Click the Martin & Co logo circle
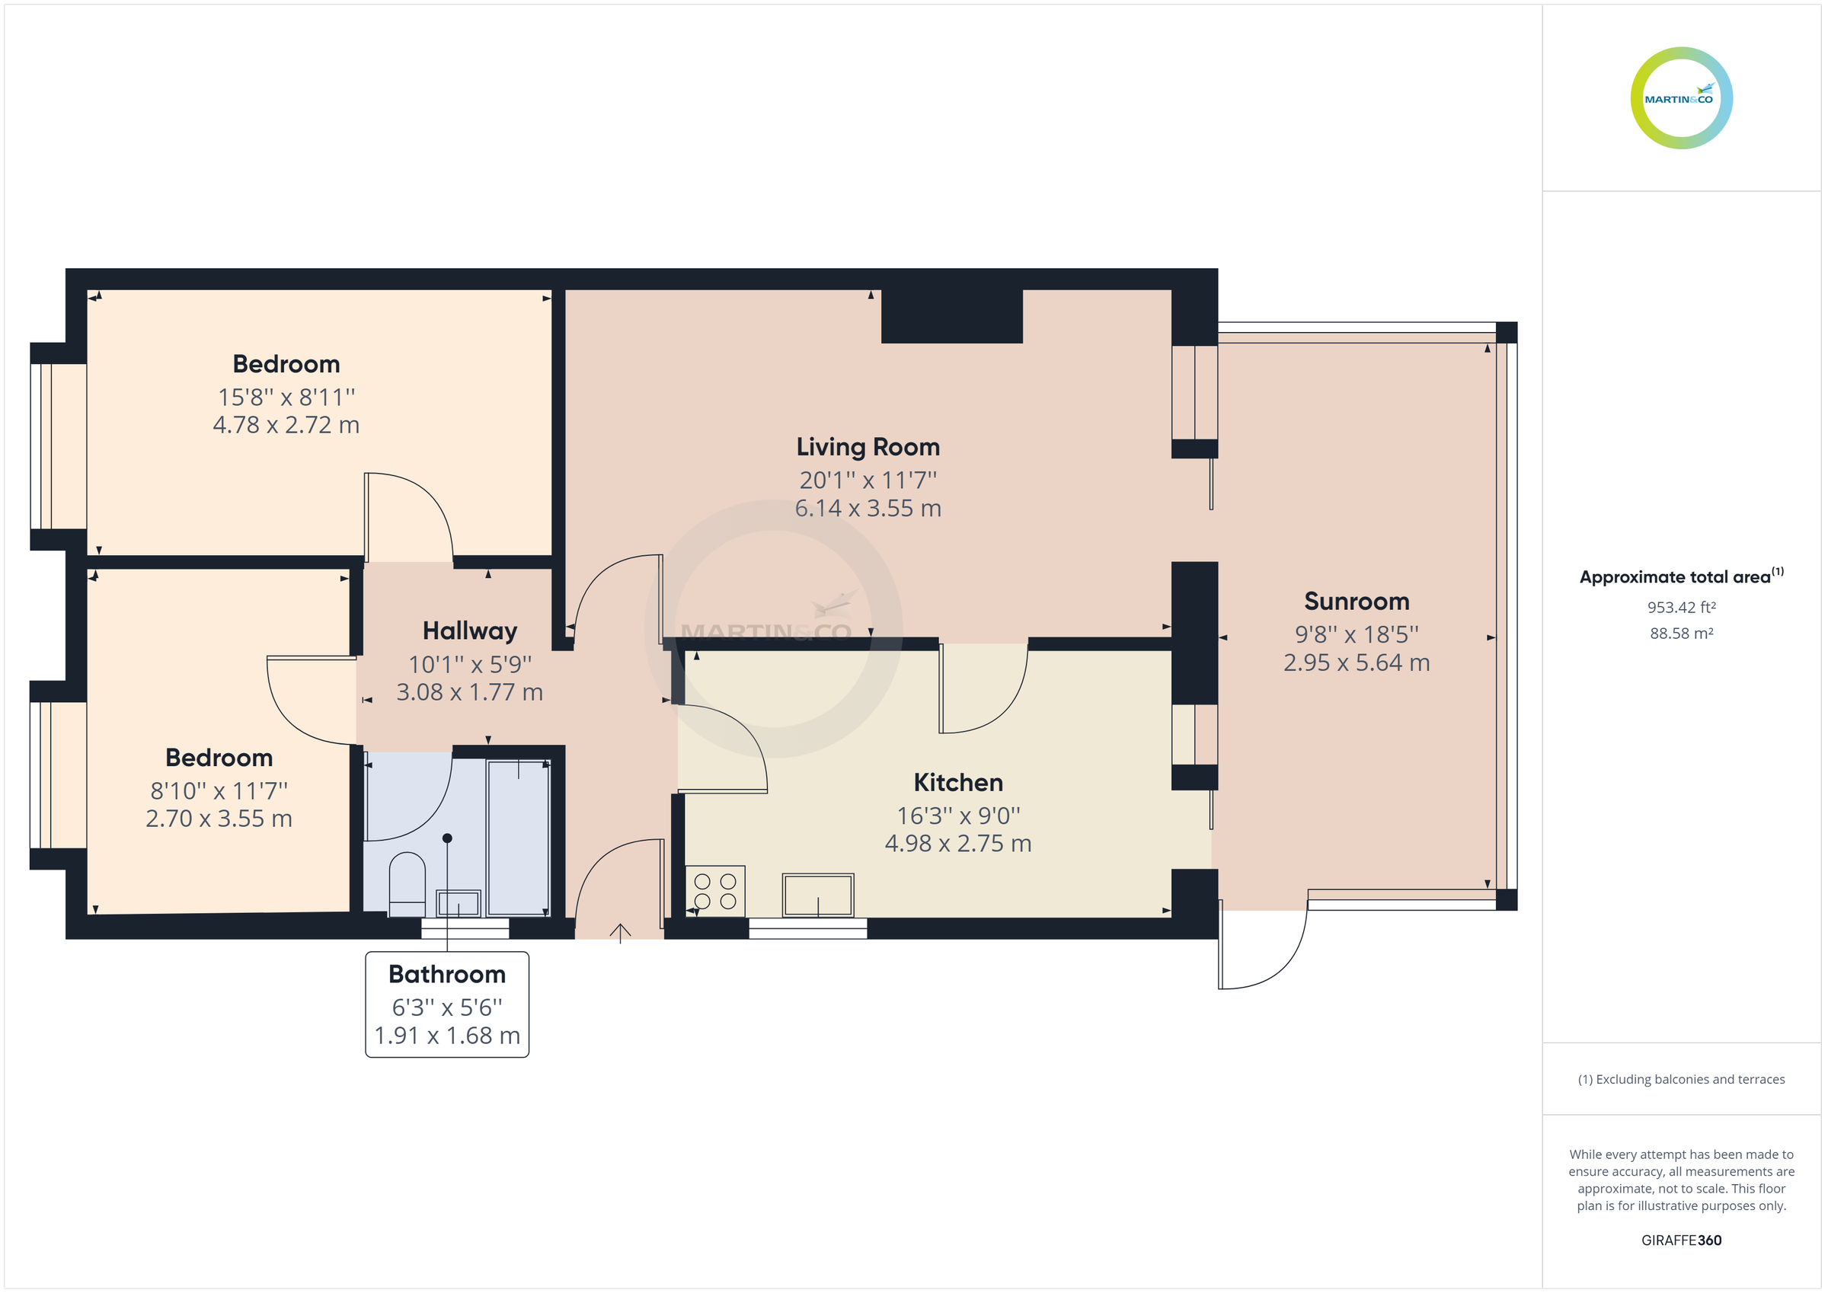1681,98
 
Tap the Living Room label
868,447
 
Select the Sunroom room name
1356,601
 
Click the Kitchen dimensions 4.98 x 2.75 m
957,843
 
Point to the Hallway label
470,631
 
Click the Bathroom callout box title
446,974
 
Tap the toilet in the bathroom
407,884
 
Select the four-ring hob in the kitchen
715,891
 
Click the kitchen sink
818,895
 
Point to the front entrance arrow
620,931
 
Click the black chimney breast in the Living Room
951,317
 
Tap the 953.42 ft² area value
1681,608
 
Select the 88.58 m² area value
1681,634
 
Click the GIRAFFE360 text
1681,1240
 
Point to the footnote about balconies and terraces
1681,1080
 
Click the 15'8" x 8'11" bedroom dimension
286,397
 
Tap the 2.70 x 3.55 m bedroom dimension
219,819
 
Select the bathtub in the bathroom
518,838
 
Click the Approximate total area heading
1674,577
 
